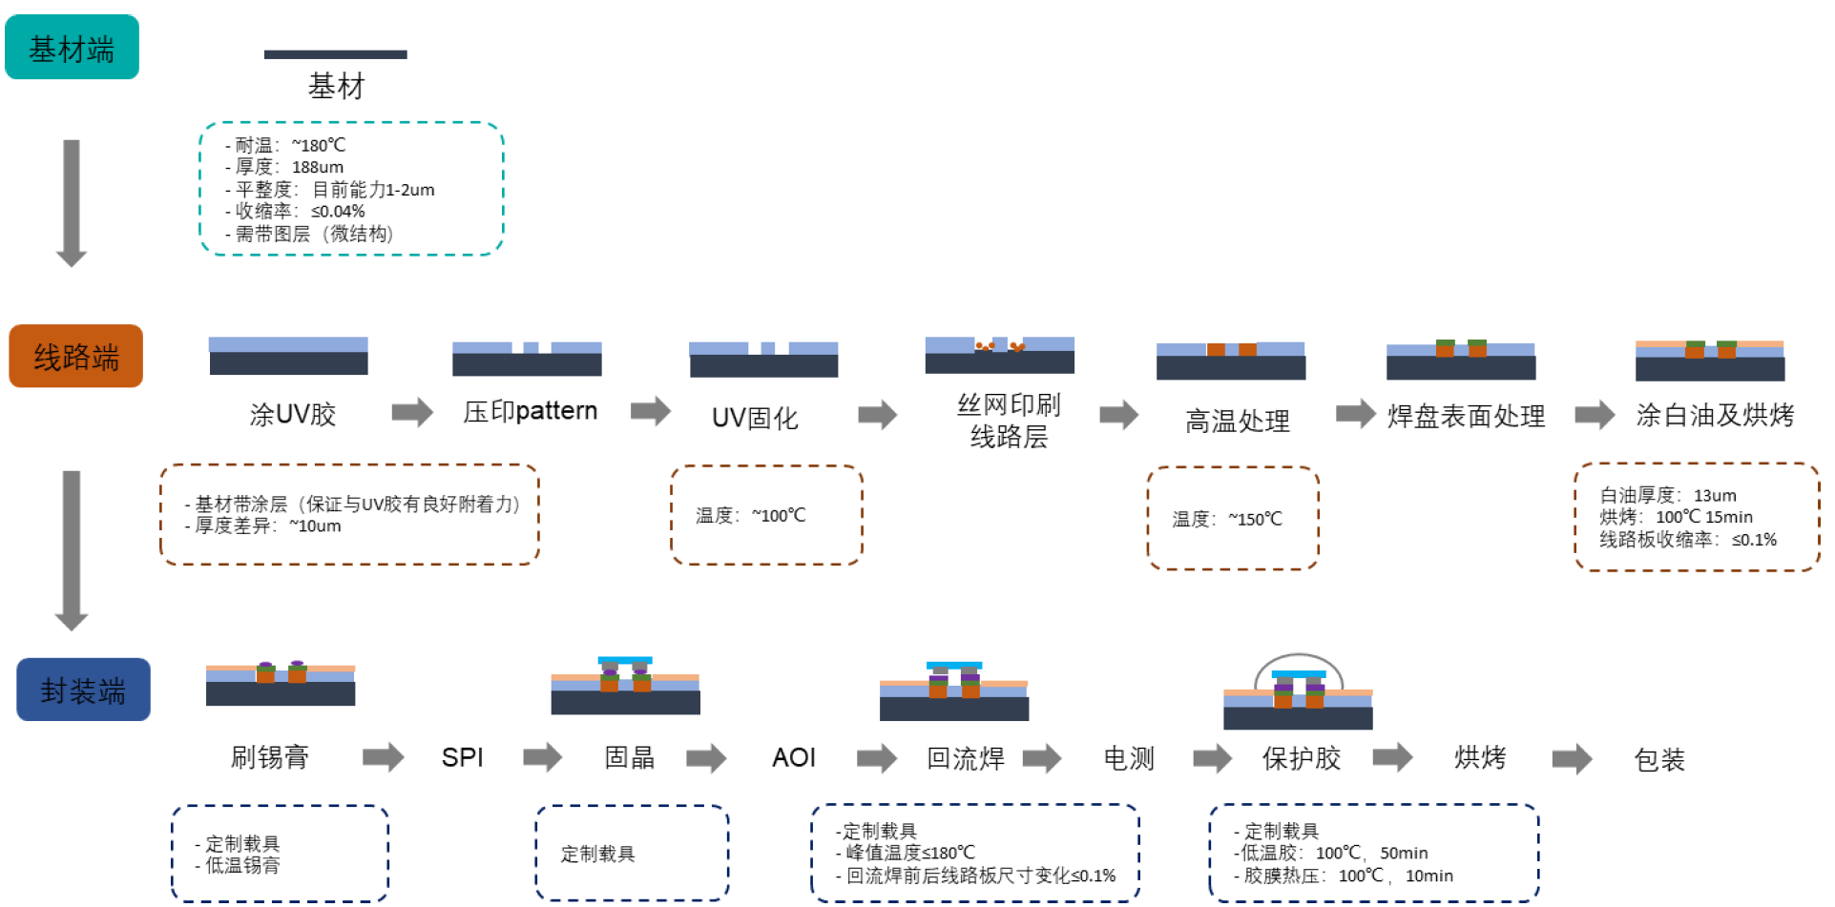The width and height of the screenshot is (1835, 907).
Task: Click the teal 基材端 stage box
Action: click(x=72, y=48)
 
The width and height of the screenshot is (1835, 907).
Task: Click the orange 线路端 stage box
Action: click(x=76, y=357)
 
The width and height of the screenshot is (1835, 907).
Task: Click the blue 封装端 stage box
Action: click(x=83, y=690)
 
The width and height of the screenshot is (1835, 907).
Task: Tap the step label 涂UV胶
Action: click(x=293, y=414)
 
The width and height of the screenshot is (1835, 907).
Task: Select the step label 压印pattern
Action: click(x=530, y=411)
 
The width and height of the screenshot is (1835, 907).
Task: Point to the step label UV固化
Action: click(x=755, y=418)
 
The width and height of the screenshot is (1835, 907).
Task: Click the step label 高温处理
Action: click(x=1237, y=420)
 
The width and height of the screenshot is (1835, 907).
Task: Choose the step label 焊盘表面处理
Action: click(x=1466, y=416)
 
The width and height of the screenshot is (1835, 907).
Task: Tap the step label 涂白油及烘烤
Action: click(x=1715, y=415)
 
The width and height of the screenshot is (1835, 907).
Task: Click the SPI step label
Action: click(x=462, y=757)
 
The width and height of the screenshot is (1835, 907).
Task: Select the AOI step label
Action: click(x=794, y=757)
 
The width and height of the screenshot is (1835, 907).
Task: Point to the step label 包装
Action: click(x=1659, y=759)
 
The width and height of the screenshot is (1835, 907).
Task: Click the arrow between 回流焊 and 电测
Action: click(x=1042, y=758)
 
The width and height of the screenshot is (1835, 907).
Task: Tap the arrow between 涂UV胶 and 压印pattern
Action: click(x=412, y=412)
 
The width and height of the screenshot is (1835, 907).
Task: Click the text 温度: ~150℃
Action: click(x=1227, y=519)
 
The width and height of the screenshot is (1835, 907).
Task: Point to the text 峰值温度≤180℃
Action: click(x=909, y=853)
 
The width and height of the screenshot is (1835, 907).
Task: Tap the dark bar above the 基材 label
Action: click(x=335, y=54)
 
